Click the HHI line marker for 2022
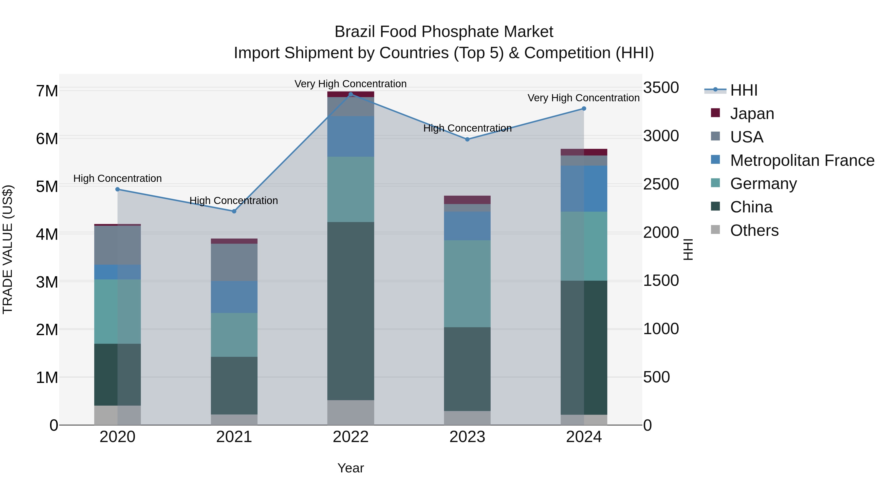pos(351,94)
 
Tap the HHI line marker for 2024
pos(584,108)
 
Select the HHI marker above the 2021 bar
pos(234,211)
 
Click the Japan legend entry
pos(752,113)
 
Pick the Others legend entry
pos(754,230)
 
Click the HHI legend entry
pos(743,90)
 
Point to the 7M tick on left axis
pos(47,91)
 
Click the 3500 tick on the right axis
pos(661,88)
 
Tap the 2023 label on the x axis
pos(467,437)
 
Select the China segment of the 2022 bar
pos(351,311)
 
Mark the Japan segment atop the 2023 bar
pos(467,200)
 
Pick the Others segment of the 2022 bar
pos(351,412)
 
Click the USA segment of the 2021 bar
pos(234,262)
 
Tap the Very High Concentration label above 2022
pos(350,84)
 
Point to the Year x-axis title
pos(350,468)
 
